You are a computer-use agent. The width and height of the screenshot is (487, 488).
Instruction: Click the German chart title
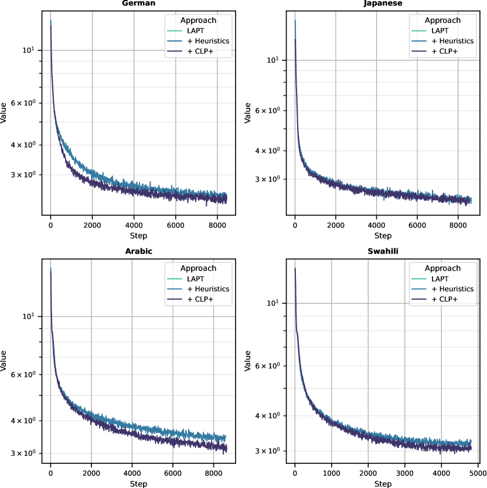point(138,3)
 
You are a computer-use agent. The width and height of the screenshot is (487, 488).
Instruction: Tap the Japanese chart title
point(383,3)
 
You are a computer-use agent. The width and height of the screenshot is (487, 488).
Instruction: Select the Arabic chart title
point(138,251)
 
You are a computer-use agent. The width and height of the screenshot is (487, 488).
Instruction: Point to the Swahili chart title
point(383,251)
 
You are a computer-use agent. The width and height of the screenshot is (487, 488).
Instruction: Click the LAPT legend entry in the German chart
point(202,30)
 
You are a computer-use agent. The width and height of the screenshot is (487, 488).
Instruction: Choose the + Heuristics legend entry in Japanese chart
point(453,41)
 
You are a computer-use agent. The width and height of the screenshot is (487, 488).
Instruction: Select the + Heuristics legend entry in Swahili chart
point(453,289)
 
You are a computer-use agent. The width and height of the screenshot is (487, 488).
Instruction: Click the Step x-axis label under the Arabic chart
point(138,484)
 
